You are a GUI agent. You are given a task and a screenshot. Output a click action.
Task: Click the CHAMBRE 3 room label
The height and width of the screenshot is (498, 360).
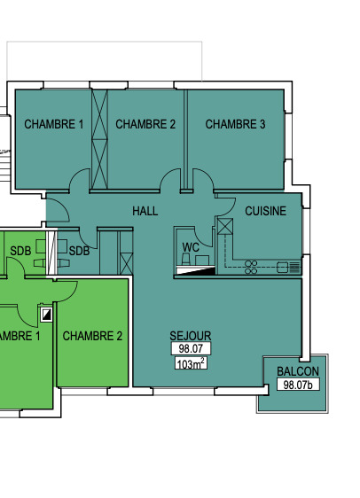coord(235,124)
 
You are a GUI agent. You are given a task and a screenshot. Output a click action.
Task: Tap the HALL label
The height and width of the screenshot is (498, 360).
coord(145,211)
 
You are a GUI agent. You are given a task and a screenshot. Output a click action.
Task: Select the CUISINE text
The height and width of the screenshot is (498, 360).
coord(266,211)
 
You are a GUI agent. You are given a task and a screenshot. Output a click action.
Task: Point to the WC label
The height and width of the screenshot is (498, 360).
coord(191,247)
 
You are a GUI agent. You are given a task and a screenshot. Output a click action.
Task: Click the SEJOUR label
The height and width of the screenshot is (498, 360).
coord(191,336)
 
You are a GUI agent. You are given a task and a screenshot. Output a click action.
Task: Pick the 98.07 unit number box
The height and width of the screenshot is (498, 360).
coord(191,348)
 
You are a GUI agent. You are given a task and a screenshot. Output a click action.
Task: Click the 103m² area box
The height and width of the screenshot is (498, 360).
coord(191,363)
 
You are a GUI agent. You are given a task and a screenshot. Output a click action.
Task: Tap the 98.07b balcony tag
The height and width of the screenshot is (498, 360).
coord(298,385)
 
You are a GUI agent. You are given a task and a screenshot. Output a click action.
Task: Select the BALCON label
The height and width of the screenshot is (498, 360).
coord(298,371)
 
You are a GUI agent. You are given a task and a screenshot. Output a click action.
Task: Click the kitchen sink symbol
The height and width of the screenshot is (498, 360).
coord(288,267)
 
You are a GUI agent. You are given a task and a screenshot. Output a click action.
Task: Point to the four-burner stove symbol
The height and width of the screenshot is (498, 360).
coord(251,267)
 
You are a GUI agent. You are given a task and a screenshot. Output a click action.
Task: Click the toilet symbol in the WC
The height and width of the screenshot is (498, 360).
coord(186,259)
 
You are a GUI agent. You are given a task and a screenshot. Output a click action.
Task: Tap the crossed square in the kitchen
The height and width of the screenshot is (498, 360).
coord(225,227)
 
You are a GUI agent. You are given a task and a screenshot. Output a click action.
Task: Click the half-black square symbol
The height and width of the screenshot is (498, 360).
coord(46,315)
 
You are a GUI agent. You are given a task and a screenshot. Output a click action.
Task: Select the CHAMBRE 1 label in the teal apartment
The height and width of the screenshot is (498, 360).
coord(54,124)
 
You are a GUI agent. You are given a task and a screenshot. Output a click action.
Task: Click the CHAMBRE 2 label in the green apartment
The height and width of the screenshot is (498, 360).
coord(92,336)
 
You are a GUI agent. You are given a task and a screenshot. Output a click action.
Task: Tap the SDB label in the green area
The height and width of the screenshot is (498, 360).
coord(20,251)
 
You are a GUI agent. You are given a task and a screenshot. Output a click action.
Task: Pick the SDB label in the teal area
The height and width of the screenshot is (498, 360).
coord(79,251)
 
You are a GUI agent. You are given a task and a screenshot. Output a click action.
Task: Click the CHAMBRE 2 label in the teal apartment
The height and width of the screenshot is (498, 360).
coord(145,124)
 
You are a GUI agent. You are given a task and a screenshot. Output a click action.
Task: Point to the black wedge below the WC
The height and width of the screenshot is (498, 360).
coord(203,271)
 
